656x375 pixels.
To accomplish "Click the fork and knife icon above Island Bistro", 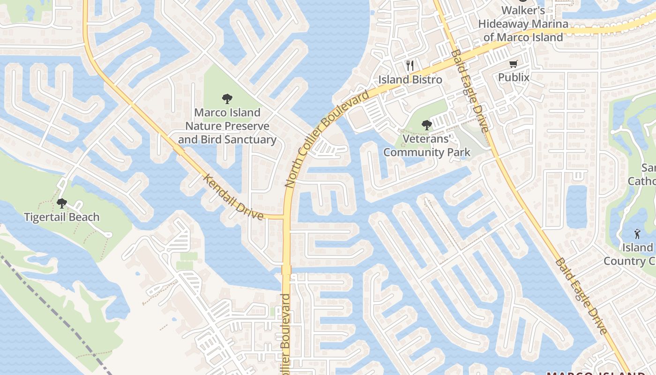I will point(410,65).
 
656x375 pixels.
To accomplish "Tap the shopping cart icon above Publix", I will point(514,63).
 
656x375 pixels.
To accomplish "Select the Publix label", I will point(514,77).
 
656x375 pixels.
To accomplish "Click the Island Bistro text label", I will point(410,80).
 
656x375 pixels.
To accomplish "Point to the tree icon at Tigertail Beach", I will point(61,203).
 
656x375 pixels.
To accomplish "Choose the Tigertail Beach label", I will point(61,217).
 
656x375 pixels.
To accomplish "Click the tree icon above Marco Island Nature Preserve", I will point(227,98).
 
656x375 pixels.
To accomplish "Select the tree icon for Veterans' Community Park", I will point(426,125).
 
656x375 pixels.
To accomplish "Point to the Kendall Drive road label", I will point(233,197).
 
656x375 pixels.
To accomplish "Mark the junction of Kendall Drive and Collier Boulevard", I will point(285,217).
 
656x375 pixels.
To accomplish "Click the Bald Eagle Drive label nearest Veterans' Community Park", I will point(470,91).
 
